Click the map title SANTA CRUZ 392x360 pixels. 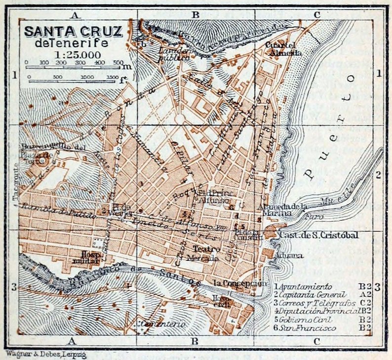(73, 32)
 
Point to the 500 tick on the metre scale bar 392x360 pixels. (118, 63)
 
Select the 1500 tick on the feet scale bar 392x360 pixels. (112, 78)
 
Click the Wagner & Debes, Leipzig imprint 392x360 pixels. (33, 354)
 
